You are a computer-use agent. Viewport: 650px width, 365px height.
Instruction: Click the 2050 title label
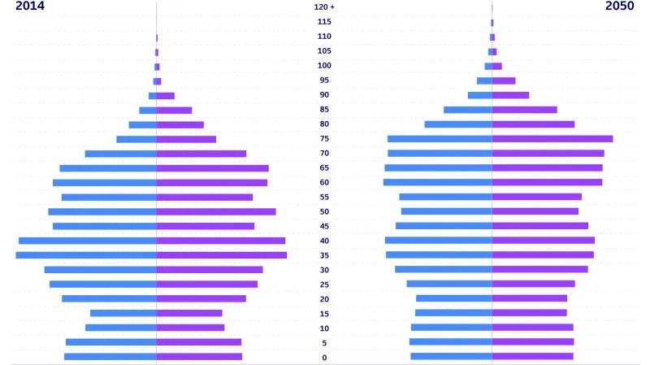tap(620, 7)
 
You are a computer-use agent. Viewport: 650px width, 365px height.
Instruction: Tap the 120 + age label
tap(324, 7)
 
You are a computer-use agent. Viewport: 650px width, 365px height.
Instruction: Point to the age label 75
tap(324, 139)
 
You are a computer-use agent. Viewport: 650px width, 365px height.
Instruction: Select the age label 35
tap(324, 255)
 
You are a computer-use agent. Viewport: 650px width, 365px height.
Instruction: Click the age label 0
tap(324, 358)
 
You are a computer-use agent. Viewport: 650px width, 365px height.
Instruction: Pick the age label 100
tap(324, 66)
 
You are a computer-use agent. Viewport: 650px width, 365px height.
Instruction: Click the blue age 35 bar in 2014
tap(85, 255)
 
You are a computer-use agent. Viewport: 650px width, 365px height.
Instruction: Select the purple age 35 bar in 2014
tap(221, 255)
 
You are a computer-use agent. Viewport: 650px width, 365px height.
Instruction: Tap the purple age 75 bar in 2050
tap(552, 139)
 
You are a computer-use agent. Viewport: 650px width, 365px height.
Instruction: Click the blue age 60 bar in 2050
tap(437, 182)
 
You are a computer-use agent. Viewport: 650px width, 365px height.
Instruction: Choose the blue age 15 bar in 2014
tap(123, 313)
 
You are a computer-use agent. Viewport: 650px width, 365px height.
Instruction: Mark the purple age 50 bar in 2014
tap(216, 211)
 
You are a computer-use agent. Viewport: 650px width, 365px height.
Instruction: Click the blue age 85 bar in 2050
tap(467, 110)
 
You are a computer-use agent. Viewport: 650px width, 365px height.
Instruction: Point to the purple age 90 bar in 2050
tap(510, 95)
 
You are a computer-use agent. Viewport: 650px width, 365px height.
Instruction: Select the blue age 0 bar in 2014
tap(110, 357)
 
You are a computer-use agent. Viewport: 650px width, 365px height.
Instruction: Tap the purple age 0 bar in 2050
tap(532, 356)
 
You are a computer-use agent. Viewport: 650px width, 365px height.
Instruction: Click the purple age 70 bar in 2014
tap(201, 154)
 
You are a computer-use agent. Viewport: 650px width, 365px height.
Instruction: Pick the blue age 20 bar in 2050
tap(453, 298)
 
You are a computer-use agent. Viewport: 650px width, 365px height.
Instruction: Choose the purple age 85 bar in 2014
tap(174, 110)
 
